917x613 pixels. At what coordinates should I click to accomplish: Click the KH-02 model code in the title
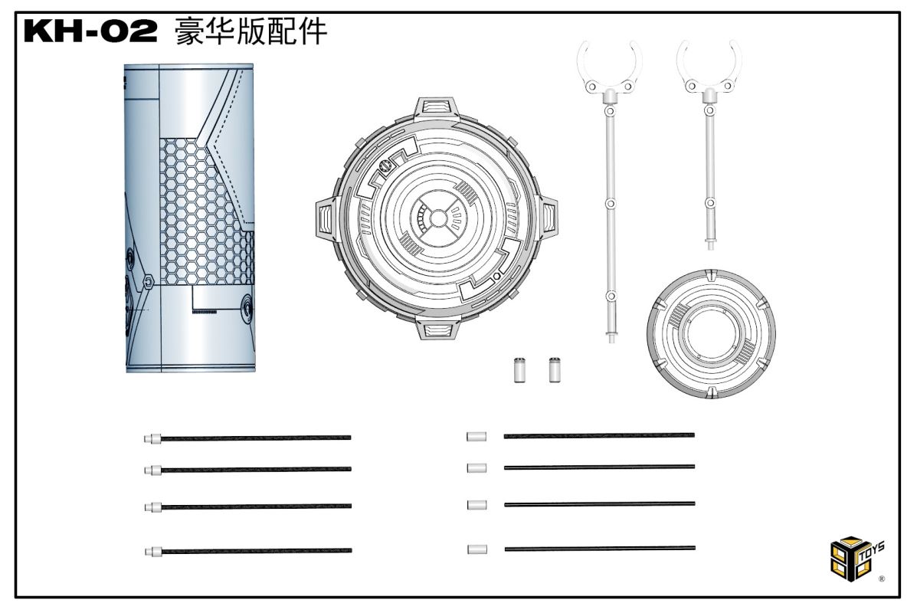coord(90,31)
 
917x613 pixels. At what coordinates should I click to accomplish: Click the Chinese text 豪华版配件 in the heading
coord(251,31)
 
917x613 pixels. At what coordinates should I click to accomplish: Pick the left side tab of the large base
coord(326,218)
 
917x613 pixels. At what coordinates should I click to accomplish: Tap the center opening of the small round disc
coord(711,333)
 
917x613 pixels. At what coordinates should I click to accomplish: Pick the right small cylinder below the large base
coord(555,369)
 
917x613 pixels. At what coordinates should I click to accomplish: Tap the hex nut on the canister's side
coord(149,282)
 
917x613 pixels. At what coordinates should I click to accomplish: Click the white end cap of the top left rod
coord(152,438)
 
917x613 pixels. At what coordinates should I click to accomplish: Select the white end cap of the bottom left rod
coord(153,551)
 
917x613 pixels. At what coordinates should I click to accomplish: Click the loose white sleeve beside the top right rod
coord(477,436)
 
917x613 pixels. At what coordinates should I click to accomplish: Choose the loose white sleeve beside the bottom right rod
coord(477,549)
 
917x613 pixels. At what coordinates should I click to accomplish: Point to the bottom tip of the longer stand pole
coord(611,342)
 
